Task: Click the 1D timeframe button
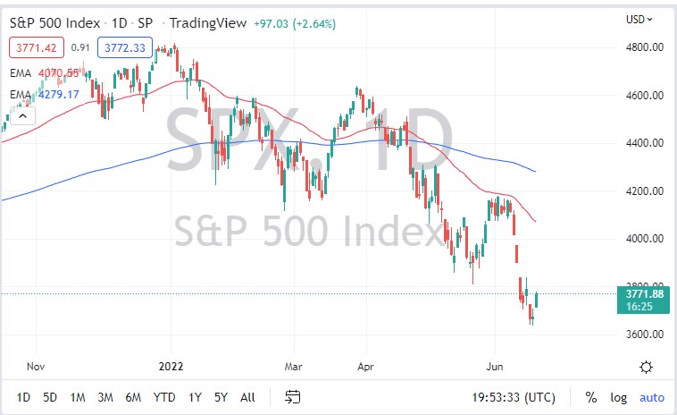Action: (x=23, y=396)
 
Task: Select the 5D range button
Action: (x=50, y=396)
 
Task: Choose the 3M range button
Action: (x=105, y=396)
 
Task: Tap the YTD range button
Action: (x=164, y=396)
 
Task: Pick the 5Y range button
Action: (x=221, y=396)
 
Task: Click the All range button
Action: (x=248, y=396)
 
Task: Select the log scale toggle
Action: (x=618, y=396)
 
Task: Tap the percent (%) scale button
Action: (x=590, y=396)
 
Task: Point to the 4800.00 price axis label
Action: (x=644, y=47)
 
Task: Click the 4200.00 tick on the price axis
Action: (x=644, y=191)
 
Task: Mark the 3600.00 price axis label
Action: (x=644, y=335)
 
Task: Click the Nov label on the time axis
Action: (x=36, y=367)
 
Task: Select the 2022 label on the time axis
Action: (x=170, y=367)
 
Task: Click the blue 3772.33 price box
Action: (x=124, y=47)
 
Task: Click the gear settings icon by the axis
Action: (x=646, y=367)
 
